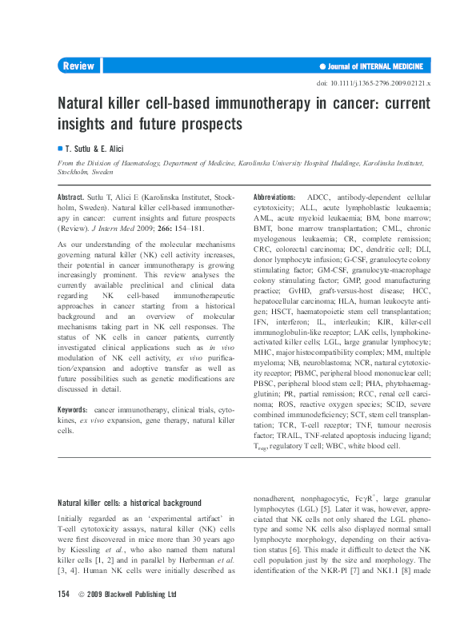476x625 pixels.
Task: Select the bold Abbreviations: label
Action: coord(274,197)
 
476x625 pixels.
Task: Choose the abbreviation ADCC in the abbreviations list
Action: coord(321,197)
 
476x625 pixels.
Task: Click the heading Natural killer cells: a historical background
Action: coord(130,503)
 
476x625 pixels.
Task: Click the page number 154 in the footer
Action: coord(65,595)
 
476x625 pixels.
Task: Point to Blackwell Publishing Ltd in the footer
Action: coord(142,595)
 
